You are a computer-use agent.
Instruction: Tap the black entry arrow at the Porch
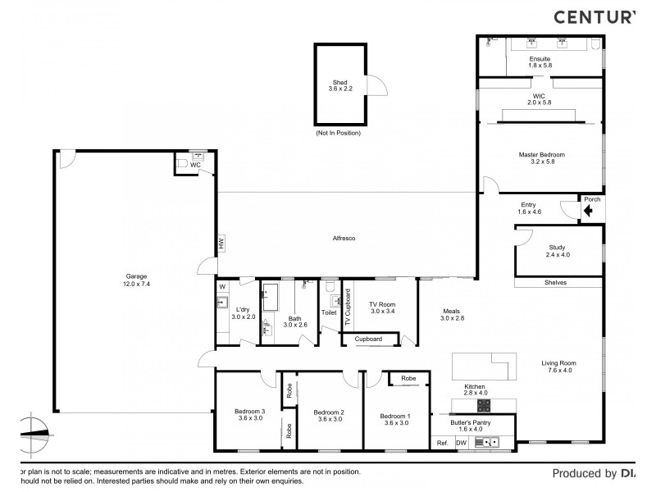(587, 211)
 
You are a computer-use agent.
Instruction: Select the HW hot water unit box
(221, 244)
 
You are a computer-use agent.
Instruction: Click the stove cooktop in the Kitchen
(484, 404)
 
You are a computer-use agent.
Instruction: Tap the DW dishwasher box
(461, 442)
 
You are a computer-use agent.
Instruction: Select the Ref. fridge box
(442, 442)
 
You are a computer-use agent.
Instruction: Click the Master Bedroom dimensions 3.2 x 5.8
(541, 162)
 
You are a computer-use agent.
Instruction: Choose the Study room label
(557, 247)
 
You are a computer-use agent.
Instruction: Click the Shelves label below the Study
(555, 283)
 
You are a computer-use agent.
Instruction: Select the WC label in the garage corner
(195, 165)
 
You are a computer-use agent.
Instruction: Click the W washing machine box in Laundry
(221, 286)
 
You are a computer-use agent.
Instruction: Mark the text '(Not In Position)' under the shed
(338, 132)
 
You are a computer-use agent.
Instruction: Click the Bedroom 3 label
(249, 411)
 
